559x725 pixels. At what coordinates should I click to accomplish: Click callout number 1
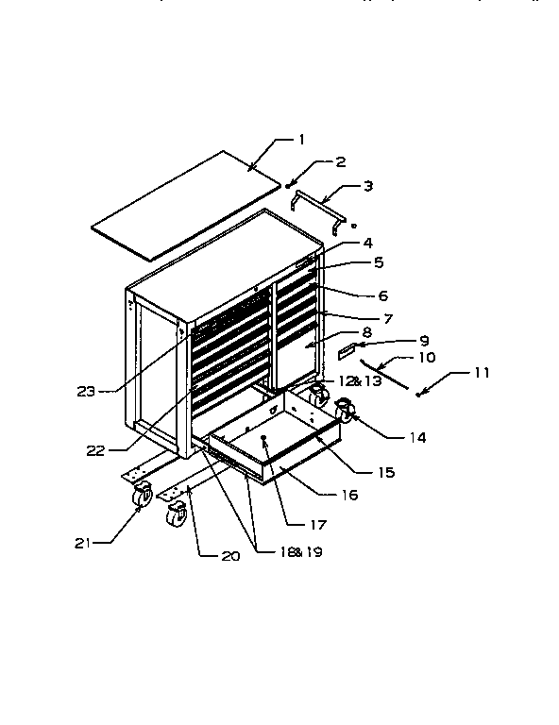pyautogui.click(x=301, y=140)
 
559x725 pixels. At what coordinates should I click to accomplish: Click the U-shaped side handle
pyautogui.click(x=319, y=207)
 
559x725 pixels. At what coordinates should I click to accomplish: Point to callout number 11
pyautogui.click(x=482, y=373)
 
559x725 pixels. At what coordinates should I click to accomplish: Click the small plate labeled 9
pyautogui.click(x=348, y=351)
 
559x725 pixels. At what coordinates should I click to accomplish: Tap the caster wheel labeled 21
pyautogui.click(x=142, y=495)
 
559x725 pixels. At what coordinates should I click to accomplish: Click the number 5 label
pyautogui.click(x=351, y=261)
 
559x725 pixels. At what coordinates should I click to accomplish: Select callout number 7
pyautogui.click(x=362, y=319)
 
